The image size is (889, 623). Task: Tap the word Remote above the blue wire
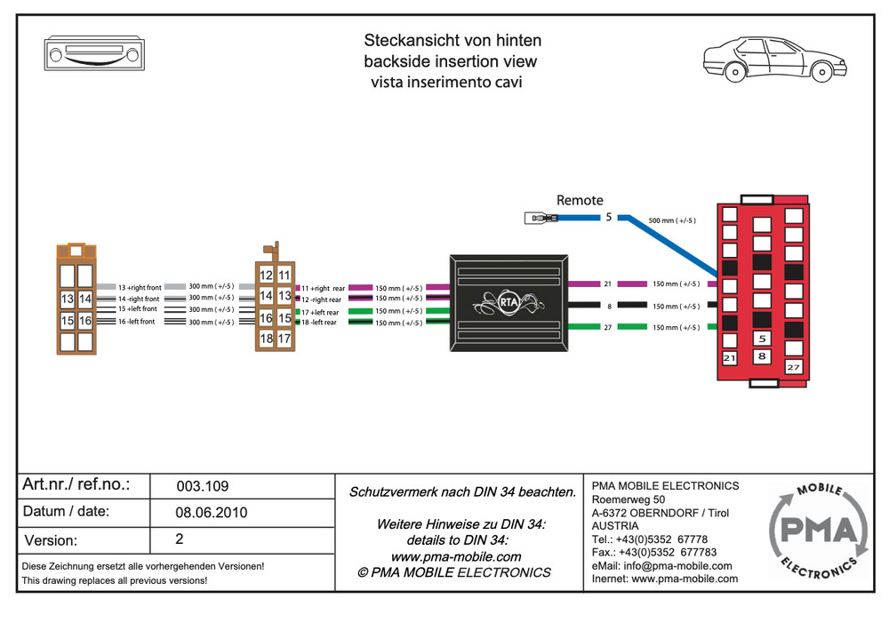click(580, 201)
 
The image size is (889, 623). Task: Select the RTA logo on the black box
click(509, 300)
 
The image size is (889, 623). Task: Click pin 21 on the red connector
click(730, 358)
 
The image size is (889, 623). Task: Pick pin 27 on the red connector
click(793, 366)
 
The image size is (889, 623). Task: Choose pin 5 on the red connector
click(762, 339)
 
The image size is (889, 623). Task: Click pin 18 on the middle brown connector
click(267, 339)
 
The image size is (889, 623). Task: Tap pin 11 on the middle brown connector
click(284, 276)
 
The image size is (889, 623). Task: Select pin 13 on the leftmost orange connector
click(68, 300)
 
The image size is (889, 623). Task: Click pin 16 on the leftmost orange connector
click(85, 320)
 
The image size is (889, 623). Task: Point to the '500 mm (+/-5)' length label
click(673, 220)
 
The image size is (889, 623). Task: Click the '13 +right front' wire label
click(140, 288)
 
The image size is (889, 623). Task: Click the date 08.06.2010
click(212, 513)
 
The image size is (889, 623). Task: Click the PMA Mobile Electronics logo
click(817, 531)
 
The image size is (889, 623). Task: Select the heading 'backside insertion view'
click(450, 62)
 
